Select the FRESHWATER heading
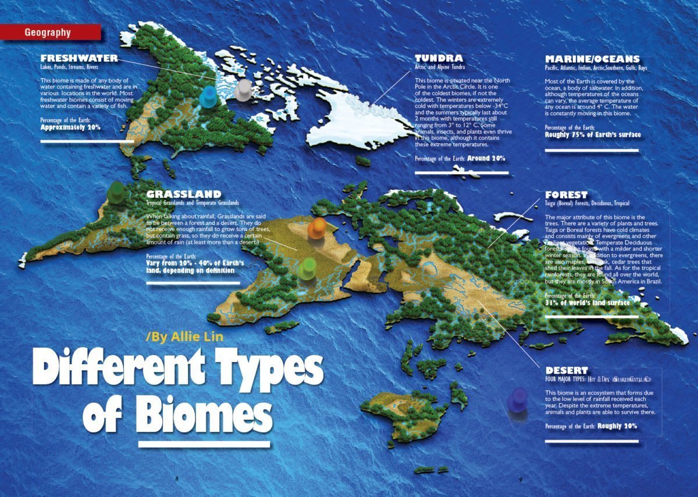tap(79, 58)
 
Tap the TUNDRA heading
tap(439, 58)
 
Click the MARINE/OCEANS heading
tap(592, 59)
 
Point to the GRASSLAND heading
tap(184, 194)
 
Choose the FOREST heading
tap(566, 194)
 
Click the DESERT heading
tap(567, 370)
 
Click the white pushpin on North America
tap(243, 89)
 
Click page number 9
tap(521, 479)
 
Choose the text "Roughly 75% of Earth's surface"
tap(593, 135)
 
